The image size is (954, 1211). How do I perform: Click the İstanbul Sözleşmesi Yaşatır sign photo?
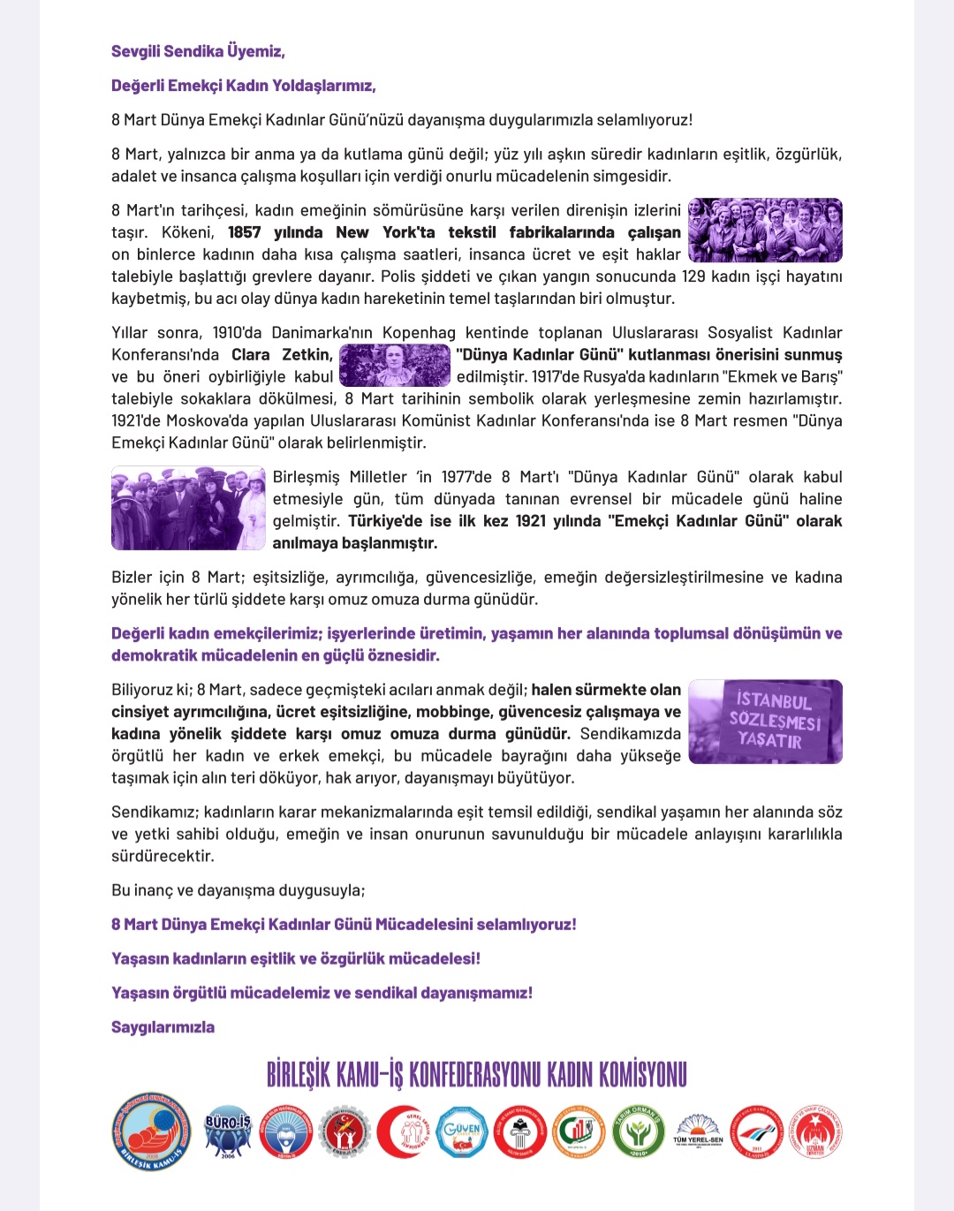(x=765, y=721)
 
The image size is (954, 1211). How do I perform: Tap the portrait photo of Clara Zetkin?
(x=395, y=365)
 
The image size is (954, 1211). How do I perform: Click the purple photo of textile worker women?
(x=765, y=231)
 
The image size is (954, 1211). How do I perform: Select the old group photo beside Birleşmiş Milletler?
(x=188, y=508)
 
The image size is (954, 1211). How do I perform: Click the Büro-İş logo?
(x=228, y=1132)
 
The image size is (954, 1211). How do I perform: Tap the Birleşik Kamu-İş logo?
(x=152, y=1132)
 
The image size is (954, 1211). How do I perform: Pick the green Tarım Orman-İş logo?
(x=638, y=1132)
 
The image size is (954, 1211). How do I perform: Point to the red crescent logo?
(x=402, y=1132)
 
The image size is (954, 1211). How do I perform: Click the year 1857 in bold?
(x=244, y=232)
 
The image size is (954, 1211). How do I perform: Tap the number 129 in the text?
(x=693, y=276)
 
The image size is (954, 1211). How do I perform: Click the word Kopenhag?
(x=419, y=333)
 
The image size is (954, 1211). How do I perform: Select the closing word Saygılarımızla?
(x=163, y=1027)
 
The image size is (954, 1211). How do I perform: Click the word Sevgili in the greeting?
(x=140, y=51)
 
